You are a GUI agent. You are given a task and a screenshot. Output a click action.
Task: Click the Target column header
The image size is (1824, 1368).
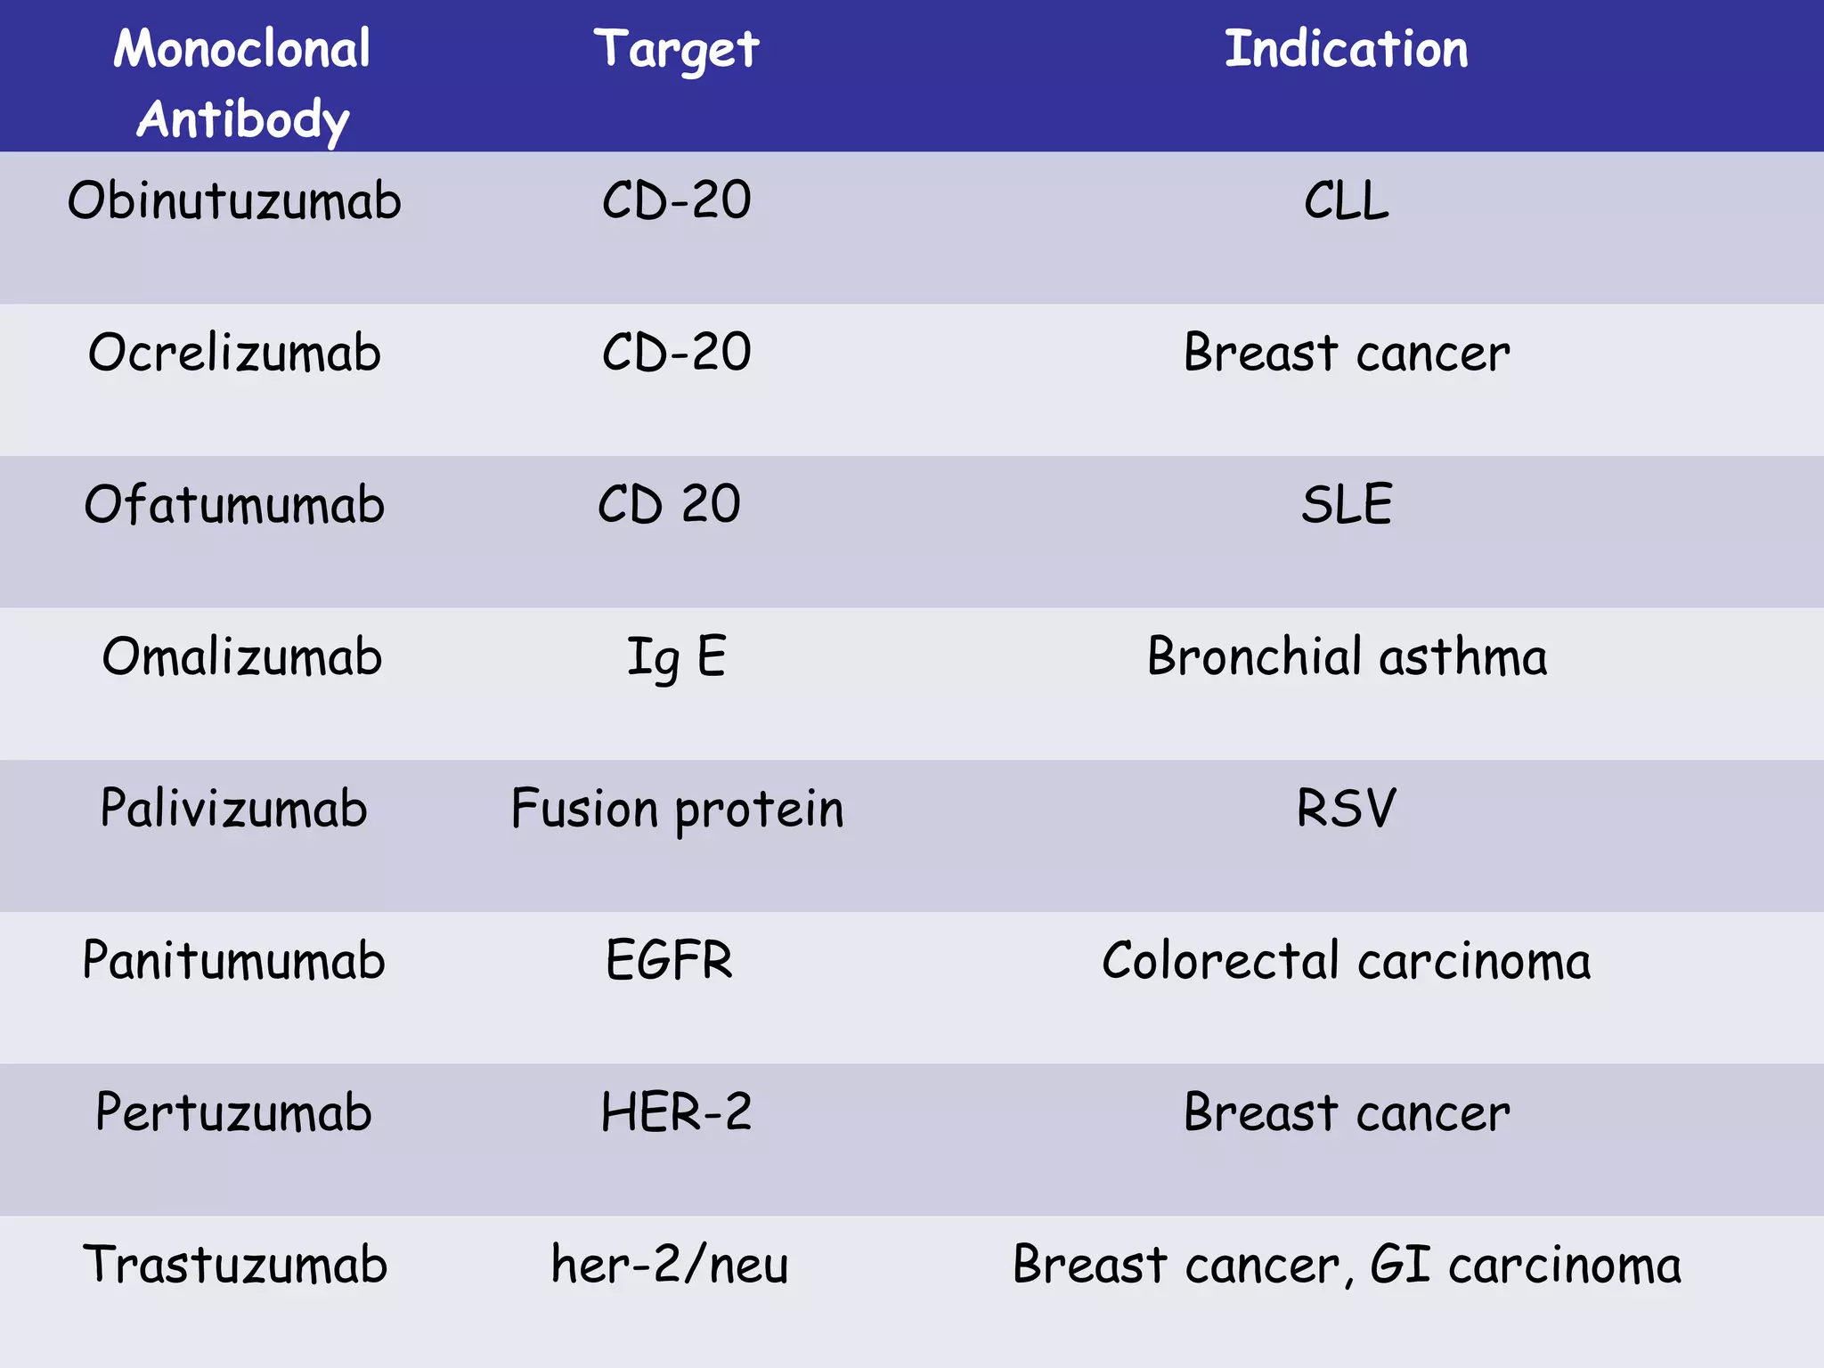click(676, 50)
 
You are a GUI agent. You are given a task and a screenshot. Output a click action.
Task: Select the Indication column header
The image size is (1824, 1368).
click(1346, 50)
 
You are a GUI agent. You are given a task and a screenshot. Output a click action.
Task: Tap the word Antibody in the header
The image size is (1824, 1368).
click(242, 120)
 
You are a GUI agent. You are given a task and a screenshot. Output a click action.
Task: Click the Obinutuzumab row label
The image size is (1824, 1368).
click(234, 200)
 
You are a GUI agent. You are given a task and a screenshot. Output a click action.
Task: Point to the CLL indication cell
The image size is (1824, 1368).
click(1346, 200)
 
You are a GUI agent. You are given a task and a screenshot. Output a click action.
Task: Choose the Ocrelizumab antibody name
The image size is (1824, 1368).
click(234, 353)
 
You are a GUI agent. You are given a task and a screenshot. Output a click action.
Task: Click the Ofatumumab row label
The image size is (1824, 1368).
click(234, 505)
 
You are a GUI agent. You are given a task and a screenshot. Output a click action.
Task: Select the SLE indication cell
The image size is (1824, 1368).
click(1346, 505)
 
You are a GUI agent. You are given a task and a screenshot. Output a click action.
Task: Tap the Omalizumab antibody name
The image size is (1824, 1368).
click(241, 657)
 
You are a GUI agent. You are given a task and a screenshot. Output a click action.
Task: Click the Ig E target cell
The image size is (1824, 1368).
click(676, 657)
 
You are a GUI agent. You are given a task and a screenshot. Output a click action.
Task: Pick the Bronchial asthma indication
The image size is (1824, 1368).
click(1346, 657)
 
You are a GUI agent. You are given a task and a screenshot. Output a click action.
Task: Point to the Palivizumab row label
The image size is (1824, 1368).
click(233, 809)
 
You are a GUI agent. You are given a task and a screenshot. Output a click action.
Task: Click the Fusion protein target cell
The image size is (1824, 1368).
click(676, 809)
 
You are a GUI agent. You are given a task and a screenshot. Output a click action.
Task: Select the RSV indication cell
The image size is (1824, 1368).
click(1346, 809)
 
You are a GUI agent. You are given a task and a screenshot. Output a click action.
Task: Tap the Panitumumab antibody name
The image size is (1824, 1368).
click(233, 961)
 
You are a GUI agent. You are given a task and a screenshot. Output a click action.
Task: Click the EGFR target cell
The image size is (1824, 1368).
click(669, 961)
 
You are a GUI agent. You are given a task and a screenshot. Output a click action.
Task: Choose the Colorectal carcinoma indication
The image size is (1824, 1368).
click(1346, 961)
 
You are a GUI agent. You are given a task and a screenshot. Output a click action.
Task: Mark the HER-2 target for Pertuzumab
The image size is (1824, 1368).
click(676, 1113)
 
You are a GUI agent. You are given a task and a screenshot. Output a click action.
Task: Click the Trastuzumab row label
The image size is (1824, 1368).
click(235, 1265)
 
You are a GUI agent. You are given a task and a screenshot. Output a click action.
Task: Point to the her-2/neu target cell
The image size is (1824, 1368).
click(669, 1265)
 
